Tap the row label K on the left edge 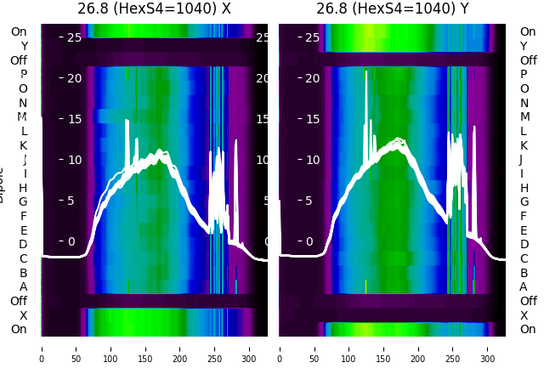coord(24,145)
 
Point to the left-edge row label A coord(24,286)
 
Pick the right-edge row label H coord(524,188)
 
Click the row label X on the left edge coord(24,315)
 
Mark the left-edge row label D coord(24,245)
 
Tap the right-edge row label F coord(524,216)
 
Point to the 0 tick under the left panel coord(42,348)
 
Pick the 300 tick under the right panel coord(489,348)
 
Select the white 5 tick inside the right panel coord(314,201)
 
